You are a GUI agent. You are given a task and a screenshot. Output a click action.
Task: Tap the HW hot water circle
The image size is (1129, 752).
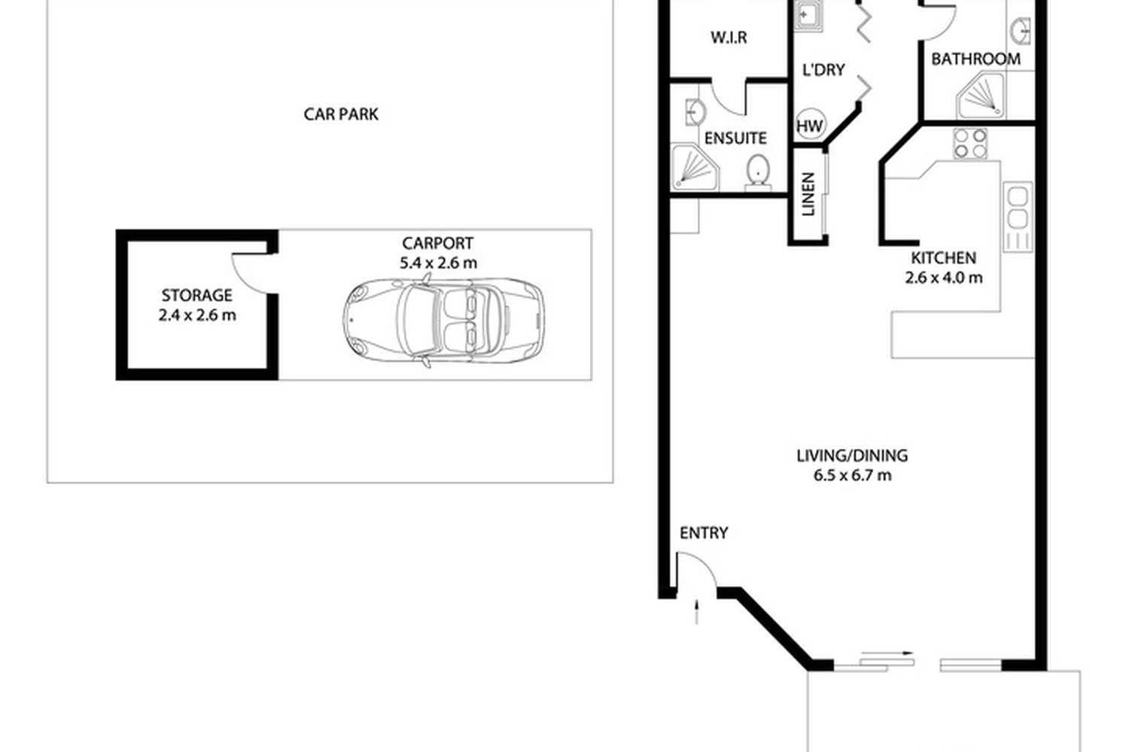pyautogui.click(x=810, y=126)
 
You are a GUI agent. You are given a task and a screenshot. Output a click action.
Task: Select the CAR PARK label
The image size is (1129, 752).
pyautogui.click(x=341, y=114)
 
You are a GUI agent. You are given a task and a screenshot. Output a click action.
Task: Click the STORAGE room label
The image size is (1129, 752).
pyautogui.click(x=196, y=295)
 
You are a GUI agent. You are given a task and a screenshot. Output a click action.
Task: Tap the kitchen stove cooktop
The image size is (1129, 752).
pyautogui.click(x=970, y=144)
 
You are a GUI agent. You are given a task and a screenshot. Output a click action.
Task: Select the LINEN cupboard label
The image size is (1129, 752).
pyautogui.click(x=808, y=195)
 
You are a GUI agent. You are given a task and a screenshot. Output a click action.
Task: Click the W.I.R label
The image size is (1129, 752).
pyautogui.click(x=729, y=38)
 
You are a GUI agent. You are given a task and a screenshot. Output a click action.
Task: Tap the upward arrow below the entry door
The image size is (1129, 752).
pyautogui.click(x=697, y=612)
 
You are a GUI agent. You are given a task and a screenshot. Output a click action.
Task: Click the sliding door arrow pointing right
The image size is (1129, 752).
pyautogui.click(x=887, y=653)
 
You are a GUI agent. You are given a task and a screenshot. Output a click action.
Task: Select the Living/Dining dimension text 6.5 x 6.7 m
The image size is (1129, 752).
pyautogui.click(x=852, y=475)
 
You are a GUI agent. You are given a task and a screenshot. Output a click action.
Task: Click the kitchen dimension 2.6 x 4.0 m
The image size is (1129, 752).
pyautogui.click(x=944, y=277)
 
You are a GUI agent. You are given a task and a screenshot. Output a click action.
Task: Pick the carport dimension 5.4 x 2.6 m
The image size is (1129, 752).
pyautogui.click(x=438, y=262)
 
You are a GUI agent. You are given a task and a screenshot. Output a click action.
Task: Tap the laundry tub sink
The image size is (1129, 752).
pyautogui.click(x=808, y=16)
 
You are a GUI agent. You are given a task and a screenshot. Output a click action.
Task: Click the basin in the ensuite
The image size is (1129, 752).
pyautogui.click(x=695, y=111)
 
